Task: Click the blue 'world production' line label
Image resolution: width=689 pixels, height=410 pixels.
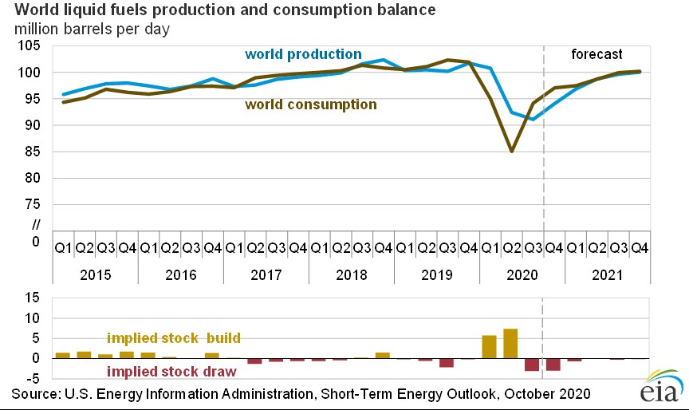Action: tap(303, 54)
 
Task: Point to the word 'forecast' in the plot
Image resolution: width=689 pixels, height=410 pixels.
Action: tap(596, 54)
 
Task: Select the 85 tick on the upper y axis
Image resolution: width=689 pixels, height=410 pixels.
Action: tap(34, 152)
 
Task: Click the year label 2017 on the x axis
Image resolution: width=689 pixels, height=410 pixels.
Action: tap(266, 275)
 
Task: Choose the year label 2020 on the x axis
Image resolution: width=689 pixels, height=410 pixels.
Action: tap(522, 275)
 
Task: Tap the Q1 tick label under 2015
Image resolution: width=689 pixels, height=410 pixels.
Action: tap(62, 248)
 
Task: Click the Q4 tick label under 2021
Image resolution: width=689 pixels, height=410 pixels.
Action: tap(639, 248)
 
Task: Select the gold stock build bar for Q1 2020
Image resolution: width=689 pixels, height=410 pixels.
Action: tap(489, 347)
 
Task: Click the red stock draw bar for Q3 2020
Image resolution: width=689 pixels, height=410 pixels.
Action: tap(532, 365)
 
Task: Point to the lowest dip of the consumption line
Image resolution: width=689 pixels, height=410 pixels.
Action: tap(510, 151)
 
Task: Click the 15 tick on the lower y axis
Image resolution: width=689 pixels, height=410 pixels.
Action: tap(34, 298)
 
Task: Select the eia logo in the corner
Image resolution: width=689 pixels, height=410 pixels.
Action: tap(658, 390)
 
